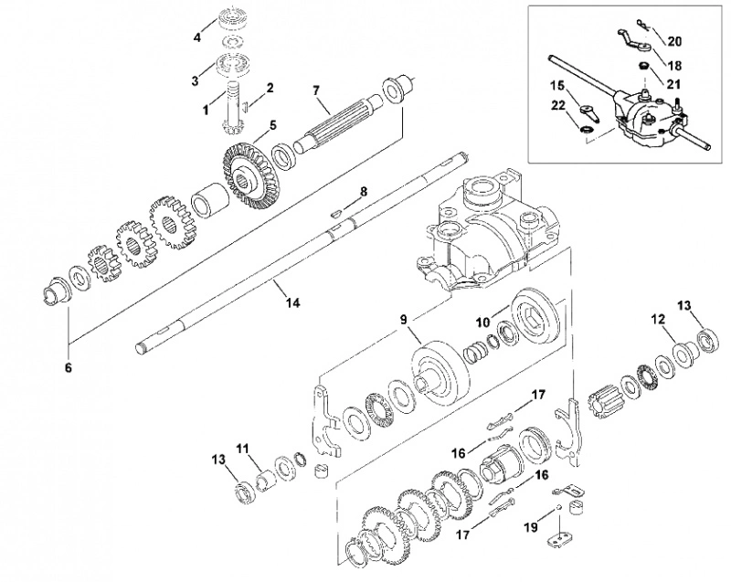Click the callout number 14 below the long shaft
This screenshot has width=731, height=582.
coord(292,303)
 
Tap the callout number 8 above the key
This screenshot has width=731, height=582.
coord(364,191)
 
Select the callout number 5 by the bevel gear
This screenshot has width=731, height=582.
coord(272,125)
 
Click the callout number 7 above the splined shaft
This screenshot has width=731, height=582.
coord(316,90)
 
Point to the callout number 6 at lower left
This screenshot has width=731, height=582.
coord(69,367)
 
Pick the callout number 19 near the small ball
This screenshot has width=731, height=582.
coord(531,527)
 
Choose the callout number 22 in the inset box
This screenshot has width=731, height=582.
coord(557,106)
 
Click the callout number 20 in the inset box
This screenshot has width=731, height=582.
coord(674,41)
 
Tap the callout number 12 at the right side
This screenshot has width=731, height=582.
coord(658,320)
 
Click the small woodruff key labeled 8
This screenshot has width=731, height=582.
coord(335,213)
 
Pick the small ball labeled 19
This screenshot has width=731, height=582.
coord(556,508)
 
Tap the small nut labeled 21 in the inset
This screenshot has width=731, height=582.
coord(642,67)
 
